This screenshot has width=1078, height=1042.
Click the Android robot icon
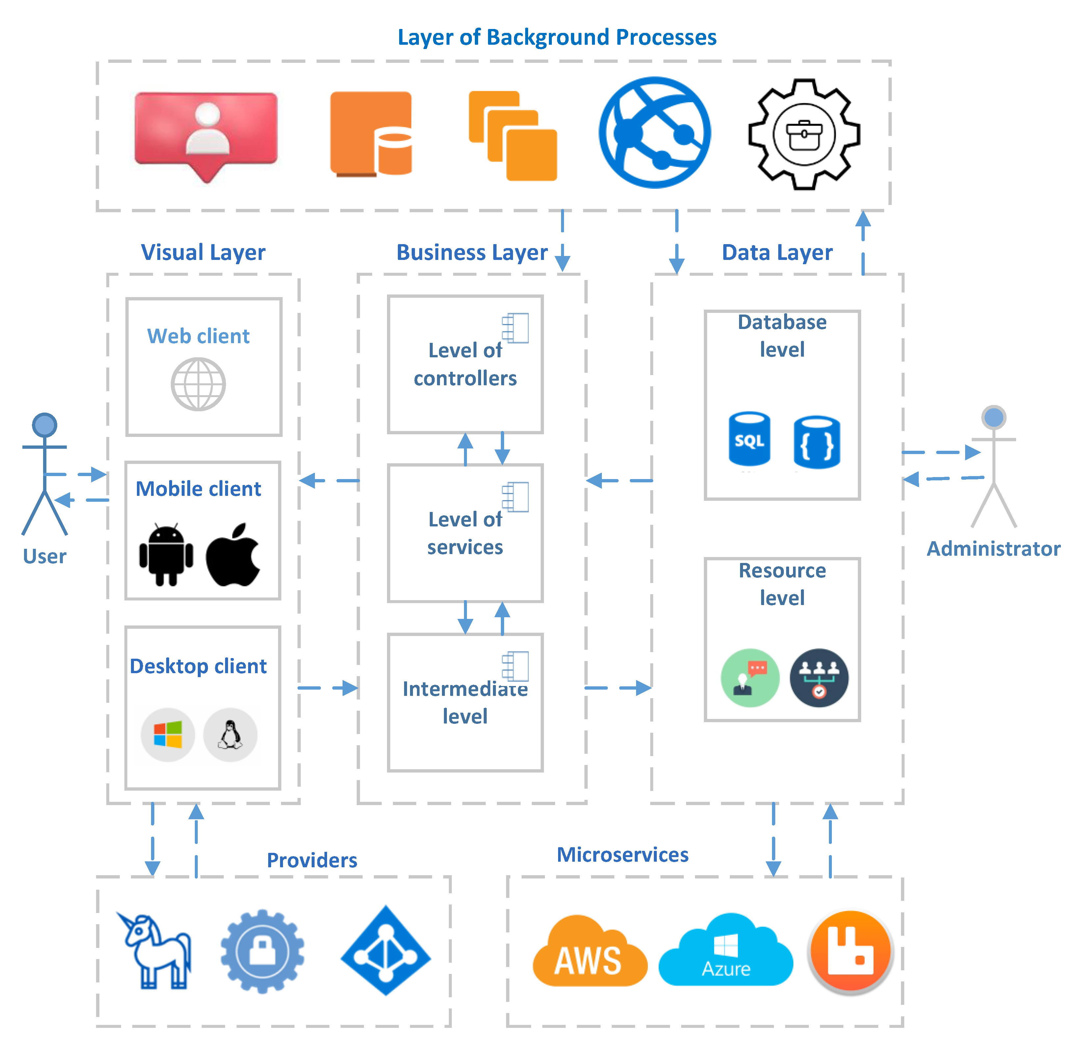(166, 554)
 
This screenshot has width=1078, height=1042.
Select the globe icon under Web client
(198, 384)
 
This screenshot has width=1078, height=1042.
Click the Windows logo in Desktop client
(168, 735)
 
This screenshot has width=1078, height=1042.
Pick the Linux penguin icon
(230, 735)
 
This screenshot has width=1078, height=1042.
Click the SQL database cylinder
(749, 439)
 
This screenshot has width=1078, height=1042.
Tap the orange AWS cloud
(590, 951)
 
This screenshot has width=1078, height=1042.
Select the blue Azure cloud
(726, 950)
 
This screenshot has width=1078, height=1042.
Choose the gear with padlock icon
(262, 951)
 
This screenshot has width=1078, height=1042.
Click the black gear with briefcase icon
(804, 134)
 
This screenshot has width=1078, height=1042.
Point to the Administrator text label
(993, 549)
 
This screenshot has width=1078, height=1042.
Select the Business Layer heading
(472, 252)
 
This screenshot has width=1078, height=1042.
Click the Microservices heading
(623, 854)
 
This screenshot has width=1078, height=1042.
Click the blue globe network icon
(654, 133)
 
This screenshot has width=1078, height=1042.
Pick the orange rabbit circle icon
(850, 952)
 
